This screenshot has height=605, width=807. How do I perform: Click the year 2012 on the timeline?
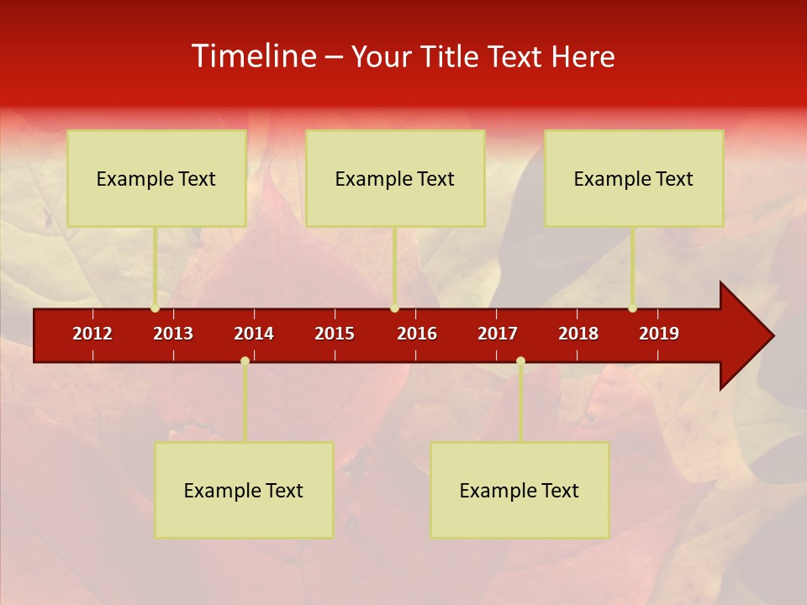click(92, 334)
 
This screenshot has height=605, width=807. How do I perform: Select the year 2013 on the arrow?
click(173, 334)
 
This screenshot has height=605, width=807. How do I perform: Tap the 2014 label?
click(254, 334)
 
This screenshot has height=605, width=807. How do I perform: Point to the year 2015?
click(335, 334)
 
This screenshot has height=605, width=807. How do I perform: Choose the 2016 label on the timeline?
click(417, 334)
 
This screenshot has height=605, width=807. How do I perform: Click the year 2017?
click(498, 334)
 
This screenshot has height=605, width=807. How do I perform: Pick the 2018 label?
click(578, 334)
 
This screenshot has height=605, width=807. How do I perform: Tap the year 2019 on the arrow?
click(659, 334)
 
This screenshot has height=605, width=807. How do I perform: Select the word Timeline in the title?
click(253, 56)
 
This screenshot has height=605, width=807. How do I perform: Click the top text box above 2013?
click(156, 178)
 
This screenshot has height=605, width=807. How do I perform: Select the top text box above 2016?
click(395, 178)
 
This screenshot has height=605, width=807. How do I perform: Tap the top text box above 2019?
click(634, 178)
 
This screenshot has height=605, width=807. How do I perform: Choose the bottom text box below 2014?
click(244, 490)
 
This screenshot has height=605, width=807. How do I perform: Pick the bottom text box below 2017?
click(520, 490)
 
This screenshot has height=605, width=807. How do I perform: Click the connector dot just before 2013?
click(155, 308)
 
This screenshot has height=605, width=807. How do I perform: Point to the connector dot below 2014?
click(245, 361)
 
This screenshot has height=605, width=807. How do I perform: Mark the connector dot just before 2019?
click(632, 308)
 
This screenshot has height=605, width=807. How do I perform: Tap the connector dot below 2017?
click(520, 361)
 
